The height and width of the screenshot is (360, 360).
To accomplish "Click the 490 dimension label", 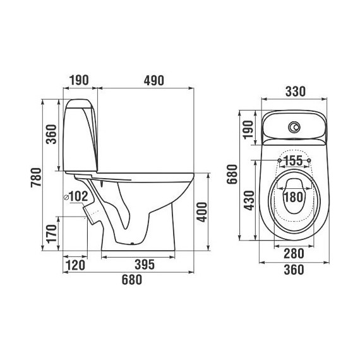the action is pos(154,81).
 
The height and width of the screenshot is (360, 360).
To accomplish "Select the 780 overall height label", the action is pos(36,177).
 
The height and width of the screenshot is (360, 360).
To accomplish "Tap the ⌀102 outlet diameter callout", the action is pos(76,196).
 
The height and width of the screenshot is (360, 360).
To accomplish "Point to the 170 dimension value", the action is pos(51,234).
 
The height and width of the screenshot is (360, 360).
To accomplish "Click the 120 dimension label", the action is pos(75,265).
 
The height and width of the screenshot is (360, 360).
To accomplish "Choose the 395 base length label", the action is pos(145,265).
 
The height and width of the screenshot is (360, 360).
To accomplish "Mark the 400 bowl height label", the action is pos(202,212).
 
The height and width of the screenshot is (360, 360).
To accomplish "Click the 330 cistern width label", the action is pos(296,92).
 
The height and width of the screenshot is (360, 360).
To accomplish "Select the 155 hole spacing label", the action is pos(294,160).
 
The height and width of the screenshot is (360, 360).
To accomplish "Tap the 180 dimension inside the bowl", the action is pos(294,197).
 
